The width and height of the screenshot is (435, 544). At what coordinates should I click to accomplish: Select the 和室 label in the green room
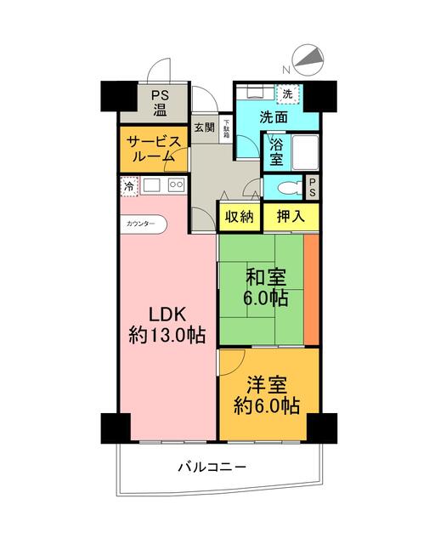tap(267, 277)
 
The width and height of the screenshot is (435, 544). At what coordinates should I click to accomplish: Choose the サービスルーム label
tap(151, 148)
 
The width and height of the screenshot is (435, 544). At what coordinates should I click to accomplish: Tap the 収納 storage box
tap(240, 216)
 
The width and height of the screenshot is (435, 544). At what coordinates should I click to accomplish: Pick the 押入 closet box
tap(291, 216)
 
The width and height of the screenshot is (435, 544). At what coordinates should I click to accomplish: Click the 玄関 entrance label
tap(204, 127)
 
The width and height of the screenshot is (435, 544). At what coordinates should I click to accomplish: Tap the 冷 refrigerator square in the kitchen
tap(128, 186)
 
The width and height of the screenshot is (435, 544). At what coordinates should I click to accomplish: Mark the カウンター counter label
tap(141, 224)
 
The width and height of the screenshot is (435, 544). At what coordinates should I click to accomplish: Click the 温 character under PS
tap(160, 109)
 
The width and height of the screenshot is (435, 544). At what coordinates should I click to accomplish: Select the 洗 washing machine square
tap(287, 93)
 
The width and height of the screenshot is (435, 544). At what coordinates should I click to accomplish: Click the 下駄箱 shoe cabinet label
tap(226, 127)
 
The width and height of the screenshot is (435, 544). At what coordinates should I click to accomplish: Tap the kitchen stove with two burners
tap(177, 184)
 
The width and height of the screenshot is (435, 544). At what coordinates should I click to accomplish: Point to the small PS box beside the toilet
tap(313, 185)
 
